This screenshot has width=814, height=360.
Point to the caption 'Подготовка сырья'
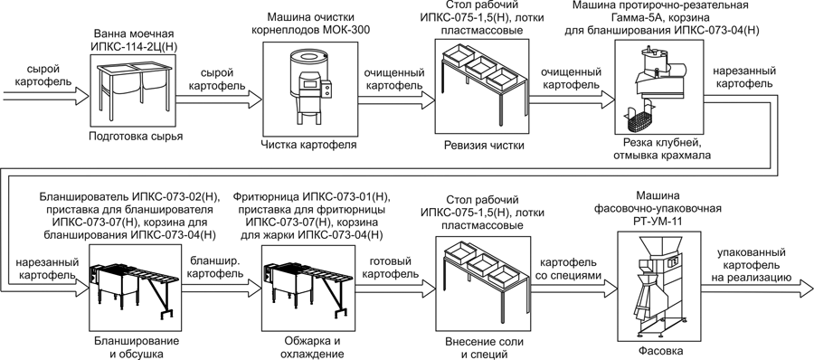coord(136,137)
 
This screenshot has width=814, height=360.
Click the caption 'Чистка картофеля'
coord(308,145)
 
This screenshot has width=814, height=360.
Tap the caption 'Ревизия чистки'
coord(484,146)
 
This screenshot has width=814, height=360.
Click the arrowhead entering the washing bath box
coord(81,96)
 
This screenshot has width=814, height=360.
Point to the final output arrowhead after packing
coord(804,289)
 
